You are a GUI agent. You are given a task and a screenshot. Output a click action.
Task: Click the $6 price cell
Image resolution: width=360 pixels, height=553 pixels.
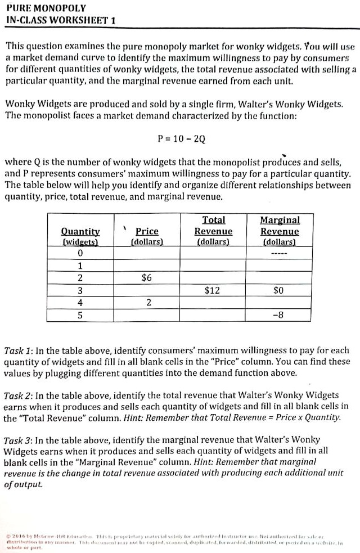[147, 278]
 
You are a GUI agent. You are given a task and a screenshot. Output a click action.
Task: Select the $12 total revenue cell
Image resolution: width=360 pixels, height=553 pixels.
[213, 290]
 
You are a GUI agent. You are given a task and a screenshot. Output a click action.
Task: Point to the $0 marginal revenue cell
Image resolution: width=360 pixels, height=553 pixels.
[280, 290]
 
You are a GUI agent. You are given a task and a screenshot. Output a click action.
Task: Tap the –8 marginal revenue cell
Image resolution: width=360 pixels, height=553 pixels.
[280, 315]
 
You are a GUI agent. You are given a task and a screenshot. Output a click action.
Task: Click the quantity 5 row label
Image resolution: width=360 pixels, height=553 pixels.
[80, 315]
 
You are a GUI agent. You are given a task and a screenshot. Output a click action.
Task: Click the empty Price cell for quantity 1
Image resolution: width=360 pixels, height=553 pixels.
[147, 266]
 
